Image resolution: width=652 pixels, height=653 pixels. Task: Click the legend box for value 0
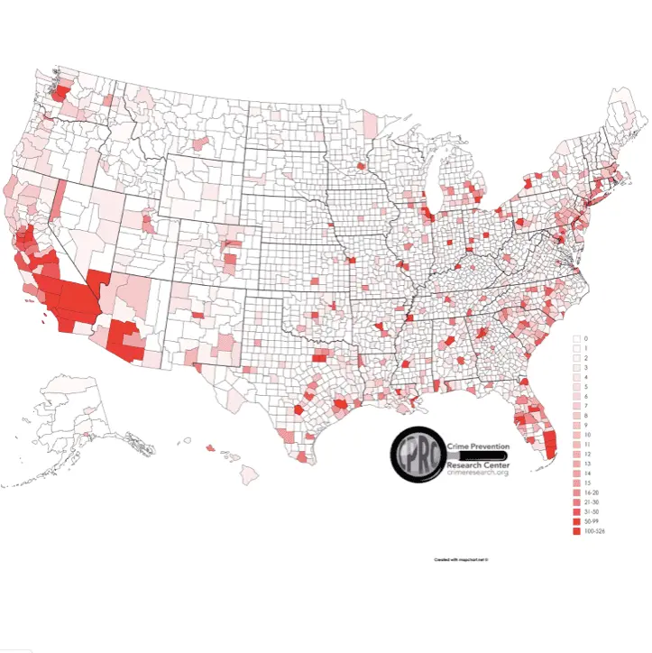[x=576, y=338]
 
